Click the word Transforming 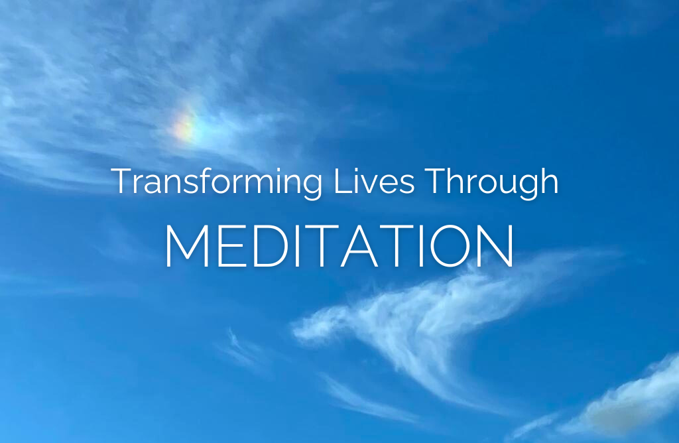coord(217,182)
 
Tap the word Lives coord(374,180)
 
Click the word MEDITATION coord(339,246)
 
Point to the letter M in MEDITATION coord(187,246)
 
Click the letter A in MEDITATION coord(359,246)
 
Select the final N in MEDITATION coord(497,246)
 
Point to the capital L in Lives coord(342,180)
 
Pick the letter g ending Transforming coord(312,187)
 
